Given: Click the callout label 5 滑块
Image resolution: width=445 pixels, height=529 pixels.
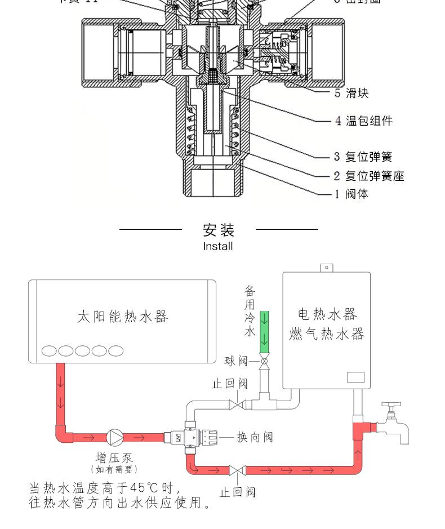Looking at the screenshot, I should point(351,93).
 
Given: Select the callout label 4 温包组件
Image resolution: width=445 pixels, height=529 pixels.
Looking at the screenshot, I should point(363,121).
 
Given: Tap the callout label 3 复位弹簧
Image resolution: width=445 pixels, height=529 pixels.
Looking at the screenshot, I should point(363,157).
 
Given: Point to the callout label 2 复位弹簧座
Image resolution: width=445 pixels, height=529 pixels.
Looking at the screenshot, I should point(369,176).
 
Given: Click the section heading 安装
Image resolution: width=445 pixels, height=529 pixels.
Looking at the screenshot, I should point(218,230).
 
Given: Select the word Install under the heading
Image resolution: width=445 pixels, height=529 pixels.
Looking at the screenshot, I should point(218,246).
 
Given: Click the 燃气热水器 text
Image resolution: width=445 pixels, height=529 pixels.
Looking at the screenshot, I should point(327,334).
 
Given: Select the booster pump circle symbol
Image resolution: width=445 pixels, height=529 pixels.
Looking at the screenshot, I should point(114,437).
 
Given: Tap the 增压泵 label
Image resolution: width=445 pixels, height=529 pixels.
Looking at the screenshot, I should point(114,457).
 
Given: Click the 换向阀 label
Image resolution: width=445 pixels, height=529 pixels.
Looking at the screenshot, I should point(255,437).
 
